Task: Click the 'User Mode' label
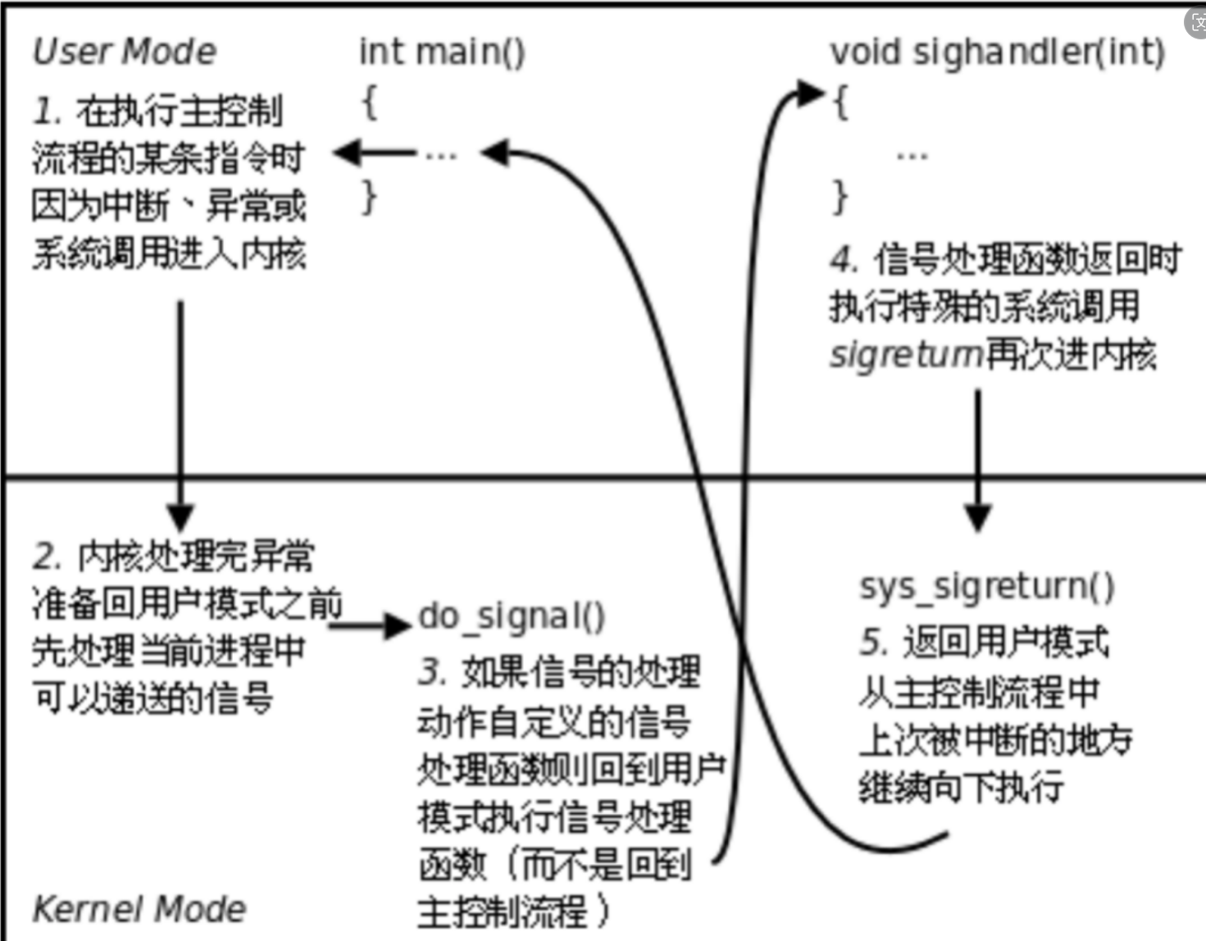pyautogui.click(x=125, y=52)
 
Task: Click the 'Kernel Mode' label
pyautogui.click(x=139, y=909)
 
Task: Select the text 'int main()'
pyautogui.click(x=442, y=52)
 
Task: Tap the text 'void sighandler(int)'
pyautogui.click(x=997, y=52)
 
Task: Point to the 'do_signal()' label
pyautogui.click(x=512, y=616)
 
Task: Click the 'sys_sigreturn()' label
pyautogui.click(x=987, y=587)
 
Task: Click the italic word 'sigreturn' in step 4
pyautogui.click(x=906, y=355)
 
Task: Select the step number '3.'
pyautogui.click(x=432, y=672)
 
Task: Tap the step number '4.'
pyautogui.click(x=844, y=260)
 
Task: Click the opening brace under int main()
pyautogui.click(x=370, y=103)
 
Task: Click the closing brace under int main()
pyautogui.click(x=370, y=198)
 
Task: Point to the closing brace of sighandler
pyautogui.click(x=840, y=198)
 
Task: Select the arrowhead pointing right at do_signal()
pyautogui.click(x=398, y=626)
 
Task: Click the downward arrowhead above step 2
pyautogui.click(x=180, y=517)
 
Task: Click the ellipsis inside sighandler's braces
pyautogui.click(x=912, y=155)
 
